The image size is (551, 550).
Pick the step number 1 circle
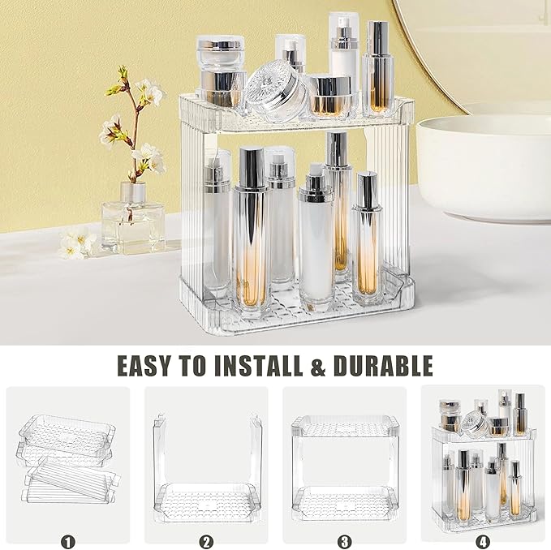point(67,540)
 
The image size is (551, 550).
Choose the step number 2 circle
point(207,540)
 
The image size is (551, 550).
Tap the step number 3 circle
point(345,540)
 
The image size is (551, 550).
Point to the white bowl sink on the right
point(483,166)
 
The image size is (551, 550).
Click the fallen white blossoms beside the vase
point(77,243)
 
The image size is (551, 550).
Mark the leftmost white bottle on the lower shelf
point(217,223)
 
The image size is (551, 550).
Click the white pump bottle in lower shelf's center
point(316,235)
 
